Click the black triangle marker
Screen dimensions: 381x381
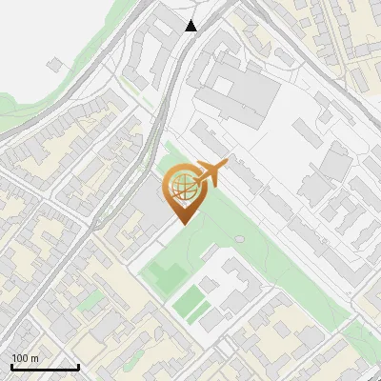[x=191, y=26]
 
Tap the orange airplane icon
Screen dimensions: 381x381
[x=209, y=173]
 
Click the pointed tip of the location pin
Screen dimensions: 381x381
[x=182, y=223]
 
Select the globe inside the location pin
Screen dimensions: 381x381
[x=181, y=184]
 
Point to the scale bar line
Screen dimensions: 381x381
[x=45, y=367]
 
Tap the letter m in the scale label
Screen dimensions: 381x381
[x=35, y=359]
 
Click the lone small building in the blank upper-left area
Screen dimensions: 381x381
[x=56, y=64]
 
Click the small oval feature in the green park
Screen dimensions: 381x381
[x=238, y=238]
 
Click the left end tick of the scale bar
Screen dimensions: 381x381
[x=11, y=366]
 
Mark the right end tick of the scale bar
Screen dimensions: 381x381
[x=78, y=366]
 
